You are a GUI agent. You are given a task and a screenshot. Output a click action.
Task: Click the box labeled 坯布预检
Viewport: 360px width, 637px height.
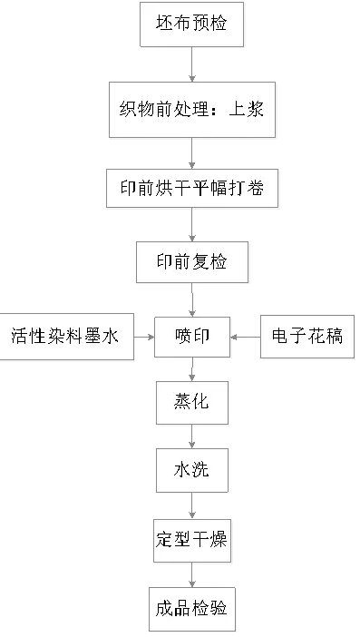click(x=192, y=24)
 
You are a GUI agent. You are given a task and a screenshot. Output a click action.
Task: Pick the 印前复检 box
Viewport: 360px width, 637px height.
click(x=192, y=262)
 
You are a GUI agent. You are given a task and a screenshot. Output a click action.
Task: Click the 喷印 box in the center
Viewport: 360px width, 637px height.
click(x=192, y=337)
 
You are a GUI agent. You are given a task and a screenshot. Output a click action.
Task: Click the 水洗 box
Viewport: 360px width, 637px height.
click(x=192, y=469)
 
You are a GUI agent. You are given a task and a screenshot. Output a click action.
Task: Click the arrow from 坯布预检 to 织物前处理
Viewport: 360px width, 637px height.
click(x=192, y=65)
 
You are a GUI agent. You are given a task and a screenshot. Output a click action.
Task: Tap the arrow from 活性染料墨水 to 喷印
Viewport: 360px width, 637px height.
click(x=143, y=337)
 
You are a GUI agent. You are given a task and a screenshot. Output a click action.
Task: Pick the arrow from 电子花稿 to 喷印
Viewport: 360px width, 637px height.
click(x=245, y=337)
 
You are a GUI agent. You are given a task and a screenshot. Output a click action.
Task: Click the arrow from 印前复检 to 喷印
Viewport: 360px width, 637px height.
click(x=192, y=299)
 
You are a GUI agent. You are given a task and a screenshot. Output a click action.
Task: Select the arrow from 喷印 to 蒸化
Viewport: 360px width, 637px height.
click(x=192, y=369)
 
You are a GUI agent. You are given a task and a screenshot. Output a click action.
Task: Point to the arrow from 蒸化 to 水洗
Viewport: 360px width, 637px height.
click(x=192, y=436)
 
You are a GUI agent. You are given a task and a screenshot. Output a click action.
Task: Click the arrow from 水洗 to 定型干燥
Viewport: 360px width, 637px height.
click(x=192, y=505)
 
